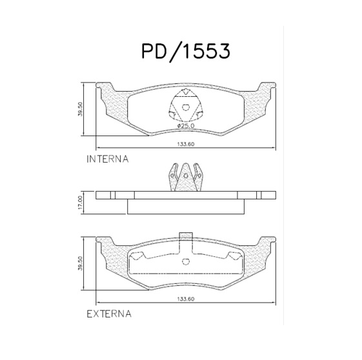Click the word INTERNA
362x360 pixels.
click(x=107, y=158)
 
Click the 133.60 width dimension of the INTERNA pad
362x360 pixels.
click(x=186, y=145)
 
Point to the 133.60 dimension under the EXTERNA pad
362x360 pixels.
click(x=186, y=299)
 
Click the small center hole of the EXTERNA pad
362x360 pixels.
click(x=186, y=261)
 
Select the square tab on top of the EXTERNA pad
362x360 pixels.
click(x=186, y=237)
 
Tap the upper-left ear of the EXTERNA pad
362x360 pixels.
click(x=105, y=243)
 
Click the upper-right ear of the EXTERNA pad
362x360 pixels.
click(x=267, y=243)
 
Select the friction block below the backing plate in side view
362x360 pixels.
click(x=186, y=206)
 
